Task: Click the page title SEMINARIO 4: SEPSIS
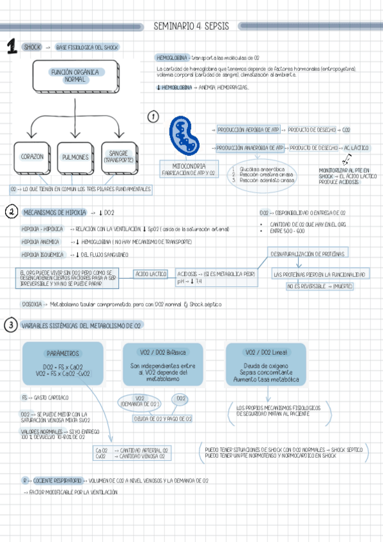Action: point(191,26)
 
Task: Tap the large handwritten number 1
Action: point(11,47)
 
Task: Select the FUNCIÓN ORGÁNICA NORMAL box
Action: point(75,76)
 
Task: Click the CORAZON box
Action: point(32,157)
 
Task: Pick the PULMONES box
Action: point(75,157)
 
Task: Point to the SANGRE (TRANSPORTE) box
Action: point(118,156)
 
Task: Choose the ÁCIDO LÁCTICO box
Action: point(151,274)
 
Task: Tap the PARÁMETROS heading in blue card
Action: point(62,353)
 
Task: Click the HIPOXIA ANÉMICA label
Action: point(40,242)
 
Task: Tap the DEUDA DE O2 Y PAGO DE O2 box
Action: point(162,419)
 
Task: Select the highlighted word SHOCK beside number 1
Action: point(31,47)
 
